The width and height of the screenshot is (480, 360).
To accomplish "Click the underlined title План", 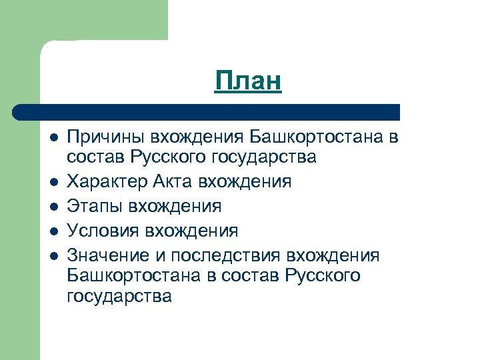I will pyautogui.click(x=249, y=82).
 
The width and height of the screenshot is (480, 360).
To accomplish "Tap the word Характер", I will pyautogui.click(x=107, y=181).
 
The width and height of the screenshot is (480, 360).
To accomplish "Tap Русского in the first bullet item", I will pyautogui.click(x=168, y=158).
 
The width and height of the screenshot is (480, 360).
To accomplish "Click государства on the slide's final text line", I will pyautogui.click(x=119, y=296).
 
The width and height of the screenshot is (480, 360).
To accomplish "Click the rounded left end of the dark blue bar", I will pyautogui.click(x=20, y=113).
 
